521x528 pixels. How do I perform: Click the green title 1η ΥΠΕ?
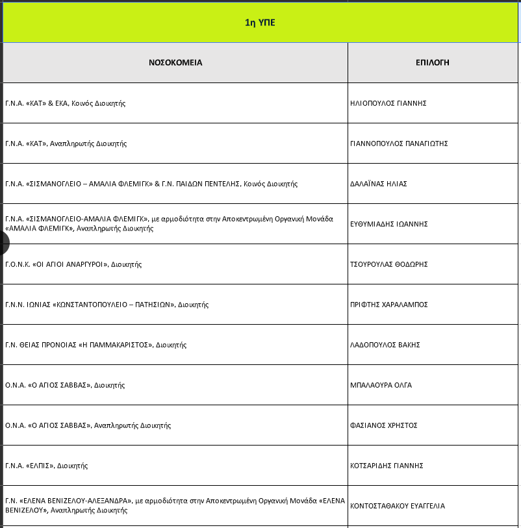[x=260, y=23]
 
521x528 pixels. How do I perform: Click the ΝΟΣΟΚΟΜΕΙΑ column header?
[x=175, y=63]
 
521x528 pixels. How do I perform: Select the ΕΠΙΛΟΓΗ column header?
[x=433, y=63]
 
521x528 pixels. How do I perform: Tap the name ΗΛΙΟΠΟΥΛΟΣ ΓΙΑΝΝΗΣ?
[x=388, y=103]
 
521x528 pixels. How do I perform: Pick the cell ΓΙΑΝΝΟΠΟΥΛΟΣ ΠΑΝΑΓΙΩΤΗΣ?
[x=399, y=144]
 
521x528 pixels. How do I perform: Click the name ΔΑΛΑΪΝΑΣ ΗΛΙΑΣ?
[x=378, y=184]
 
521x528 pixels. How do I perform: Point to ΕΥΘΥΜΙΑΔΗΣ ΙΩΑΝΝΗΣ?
[x=388, y=224]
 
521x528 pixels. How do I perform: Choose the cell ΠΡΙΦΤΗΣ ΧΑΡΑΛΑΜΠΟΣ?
[x=388, y=305]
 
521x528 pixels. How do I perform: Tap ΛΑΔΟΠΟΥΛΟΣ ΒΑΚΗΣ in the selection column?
[x=385, y=345]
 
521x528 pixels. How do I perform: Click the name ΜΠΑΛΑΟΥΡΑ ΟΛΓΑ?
[x=381, y=385]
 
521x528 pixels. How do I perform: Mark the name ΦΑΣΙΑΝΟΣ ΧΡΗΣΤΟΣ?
[x=383, y=425]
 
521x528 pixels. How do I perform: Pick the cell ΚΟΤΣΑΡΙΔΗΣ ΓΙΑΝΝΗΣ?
[x=387, y=466]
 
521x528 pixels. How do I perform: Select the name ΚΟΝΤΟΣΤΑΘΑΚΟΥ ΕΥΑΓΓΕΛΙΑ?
[x=398, y=506]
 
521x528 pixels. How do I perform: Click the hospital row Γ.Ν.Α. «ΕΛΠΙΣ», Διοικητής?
[x=46, y=466]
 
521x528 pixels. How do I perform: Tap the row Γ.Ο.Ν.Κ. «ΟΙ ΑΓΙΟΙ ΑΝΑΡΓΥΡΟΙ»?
[x=73, y=264]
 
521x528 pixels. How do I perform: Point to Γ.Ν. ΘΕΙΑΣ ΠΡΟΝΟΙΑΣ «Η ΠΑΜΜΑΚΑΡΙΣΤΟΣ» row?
[x=95, y=345]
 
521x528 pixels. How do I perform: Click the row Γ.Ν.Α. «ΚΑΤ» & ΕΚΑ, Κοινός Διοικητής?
[x=65, y=103]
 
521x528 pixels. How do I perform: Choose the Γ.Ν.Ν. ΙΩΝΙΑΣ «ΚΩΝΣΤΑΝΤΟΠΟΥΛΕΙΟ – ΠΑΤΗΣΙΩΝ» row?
[x=107, y=305]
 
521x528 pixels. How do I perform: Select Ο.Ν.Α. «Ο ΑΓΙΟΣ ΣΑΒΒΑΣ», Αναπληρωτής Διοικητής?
[x=88, y=425]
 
